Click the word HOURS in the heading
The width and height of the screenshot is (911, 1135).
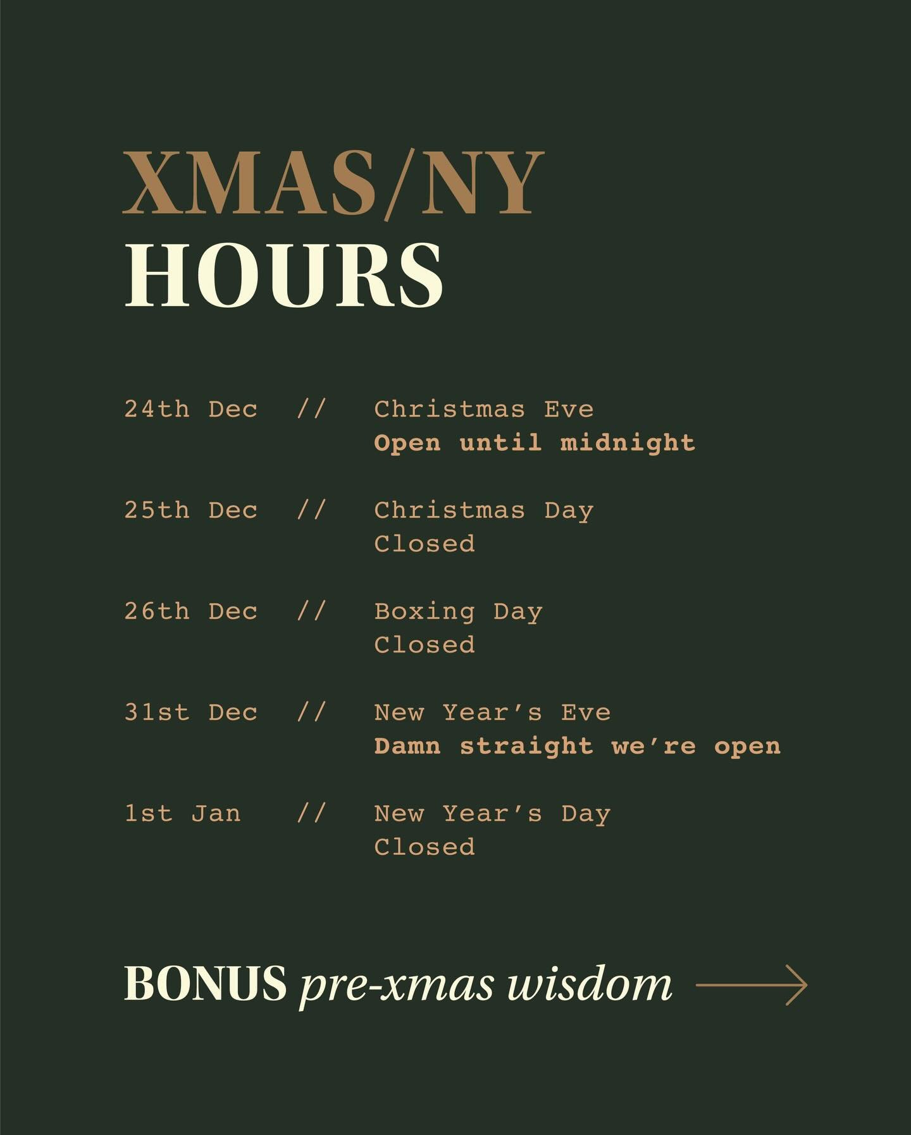click(x=283, y=276)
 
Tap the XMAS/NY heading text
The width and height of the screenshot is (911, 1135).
click(x=333, y=183)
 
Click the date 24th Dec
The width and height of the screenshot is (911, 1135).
click(x=190, y=409)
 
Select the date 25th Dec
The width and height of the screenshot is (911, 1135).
click(x=190, y=510)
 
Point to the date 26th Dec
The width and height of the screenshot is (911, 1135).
click(x=190, y=611)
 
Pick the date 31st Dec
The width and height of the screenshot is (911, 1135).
click(x=190, y=713)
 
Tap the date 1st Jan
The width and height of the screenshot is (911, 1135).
click(x=182, y=814)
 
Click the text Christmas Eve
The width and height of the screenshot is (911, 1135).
click(x=484, y=409)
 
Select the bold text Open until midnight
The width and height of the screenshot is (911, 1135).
click(x=535, y=443)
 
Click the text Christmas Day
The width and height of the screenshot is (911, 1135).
click(x=484, y=510)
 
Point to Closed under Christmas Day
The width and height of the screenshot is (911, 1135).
click(x=425, y=544)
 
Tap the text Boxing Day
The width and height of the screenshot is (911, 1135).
click(x=458, y=611)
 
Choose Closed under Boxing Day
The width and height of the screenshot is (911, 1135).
click(x=425, y=645)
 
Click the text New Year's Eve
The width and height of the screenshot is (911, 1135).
click(x=492, y=713)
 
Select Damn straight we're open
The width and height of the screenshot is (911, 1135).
click(x=577, y=746)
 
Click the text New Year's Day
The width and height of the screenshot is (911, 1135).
click(x=492, y=814)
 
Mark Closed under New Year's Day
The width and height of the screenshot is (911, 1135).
click(x=425, y=847)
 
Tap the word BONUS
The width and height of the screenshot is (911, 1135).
click(x=205, y=984)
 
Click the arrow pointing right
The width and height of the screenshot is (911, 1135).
click(x=751, y=985)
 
